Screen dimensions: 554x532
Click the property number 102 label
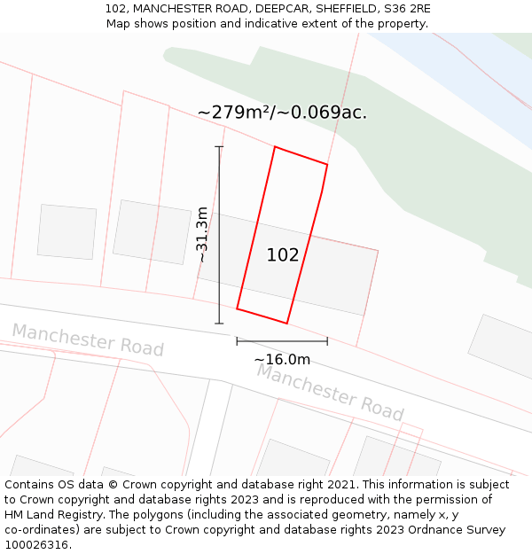(x=283, y=255)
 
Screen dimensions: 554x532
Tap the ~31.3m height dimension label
(x=202, y=235)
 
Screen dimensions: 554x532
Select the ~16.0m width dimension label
(x=282, y=359)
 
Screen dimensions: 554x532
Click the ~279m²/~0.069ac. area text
(x=282, y=113)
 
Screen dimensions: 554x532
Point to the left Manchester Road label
(x=88, y=340)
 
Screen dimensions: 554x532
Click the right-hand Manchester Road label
(x=330, y=392)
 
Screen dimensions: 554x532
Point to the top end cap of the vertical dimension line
(x=219, y=147)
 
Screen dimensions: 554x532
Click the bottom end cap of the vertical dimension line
(x=219, y=324)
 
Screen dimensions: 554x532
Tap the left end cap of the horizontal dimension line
(x=237, y=340)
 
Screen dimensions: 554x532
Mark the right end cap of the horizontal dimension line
(x=327, y=340)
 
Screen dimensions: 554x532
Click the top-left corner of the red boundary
(x=275, y=147)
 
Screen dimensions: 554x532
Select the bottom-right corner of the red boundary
(x=286, y=323)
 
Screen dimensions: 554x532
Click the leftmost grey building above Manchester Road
(x=66, y=231)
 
